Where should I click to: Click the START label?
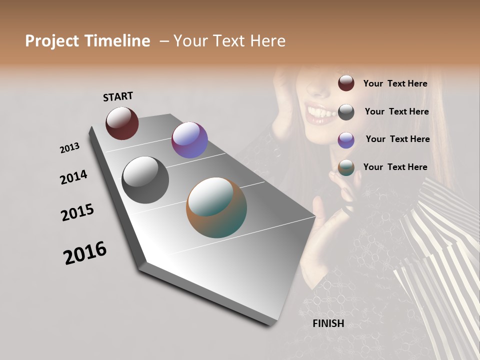click(x=118, y=96)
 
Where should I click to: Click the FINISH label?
click(x=328, y=323)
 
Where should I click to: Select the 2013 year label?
click(x=69, y=148)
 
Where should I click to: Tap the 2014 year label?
click(x=73, y=177)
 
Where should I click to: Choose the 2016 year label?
click(x=85, y=253)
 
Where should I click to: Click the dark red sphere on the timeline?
click(x=122, y=123)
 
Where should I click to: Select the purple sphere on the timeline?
click(x=189, y=140)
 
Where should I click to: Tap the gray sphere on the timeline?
click(x=145, y=179)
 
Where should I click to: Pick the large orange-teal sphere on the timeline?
click(x=216, y=207)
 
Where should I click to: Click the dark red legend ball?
click(x=346, y=83)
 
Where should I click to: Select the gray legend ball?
click(x=346, y=111)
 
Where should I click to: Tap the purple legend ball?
click(x=346, y=139)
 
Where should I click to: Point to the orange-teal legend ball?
click(x=346, y=167)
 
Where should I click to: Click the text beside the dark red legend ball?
click(x=395, y=83)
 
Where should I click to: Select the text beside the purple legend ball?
click(x=397, y=139)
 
